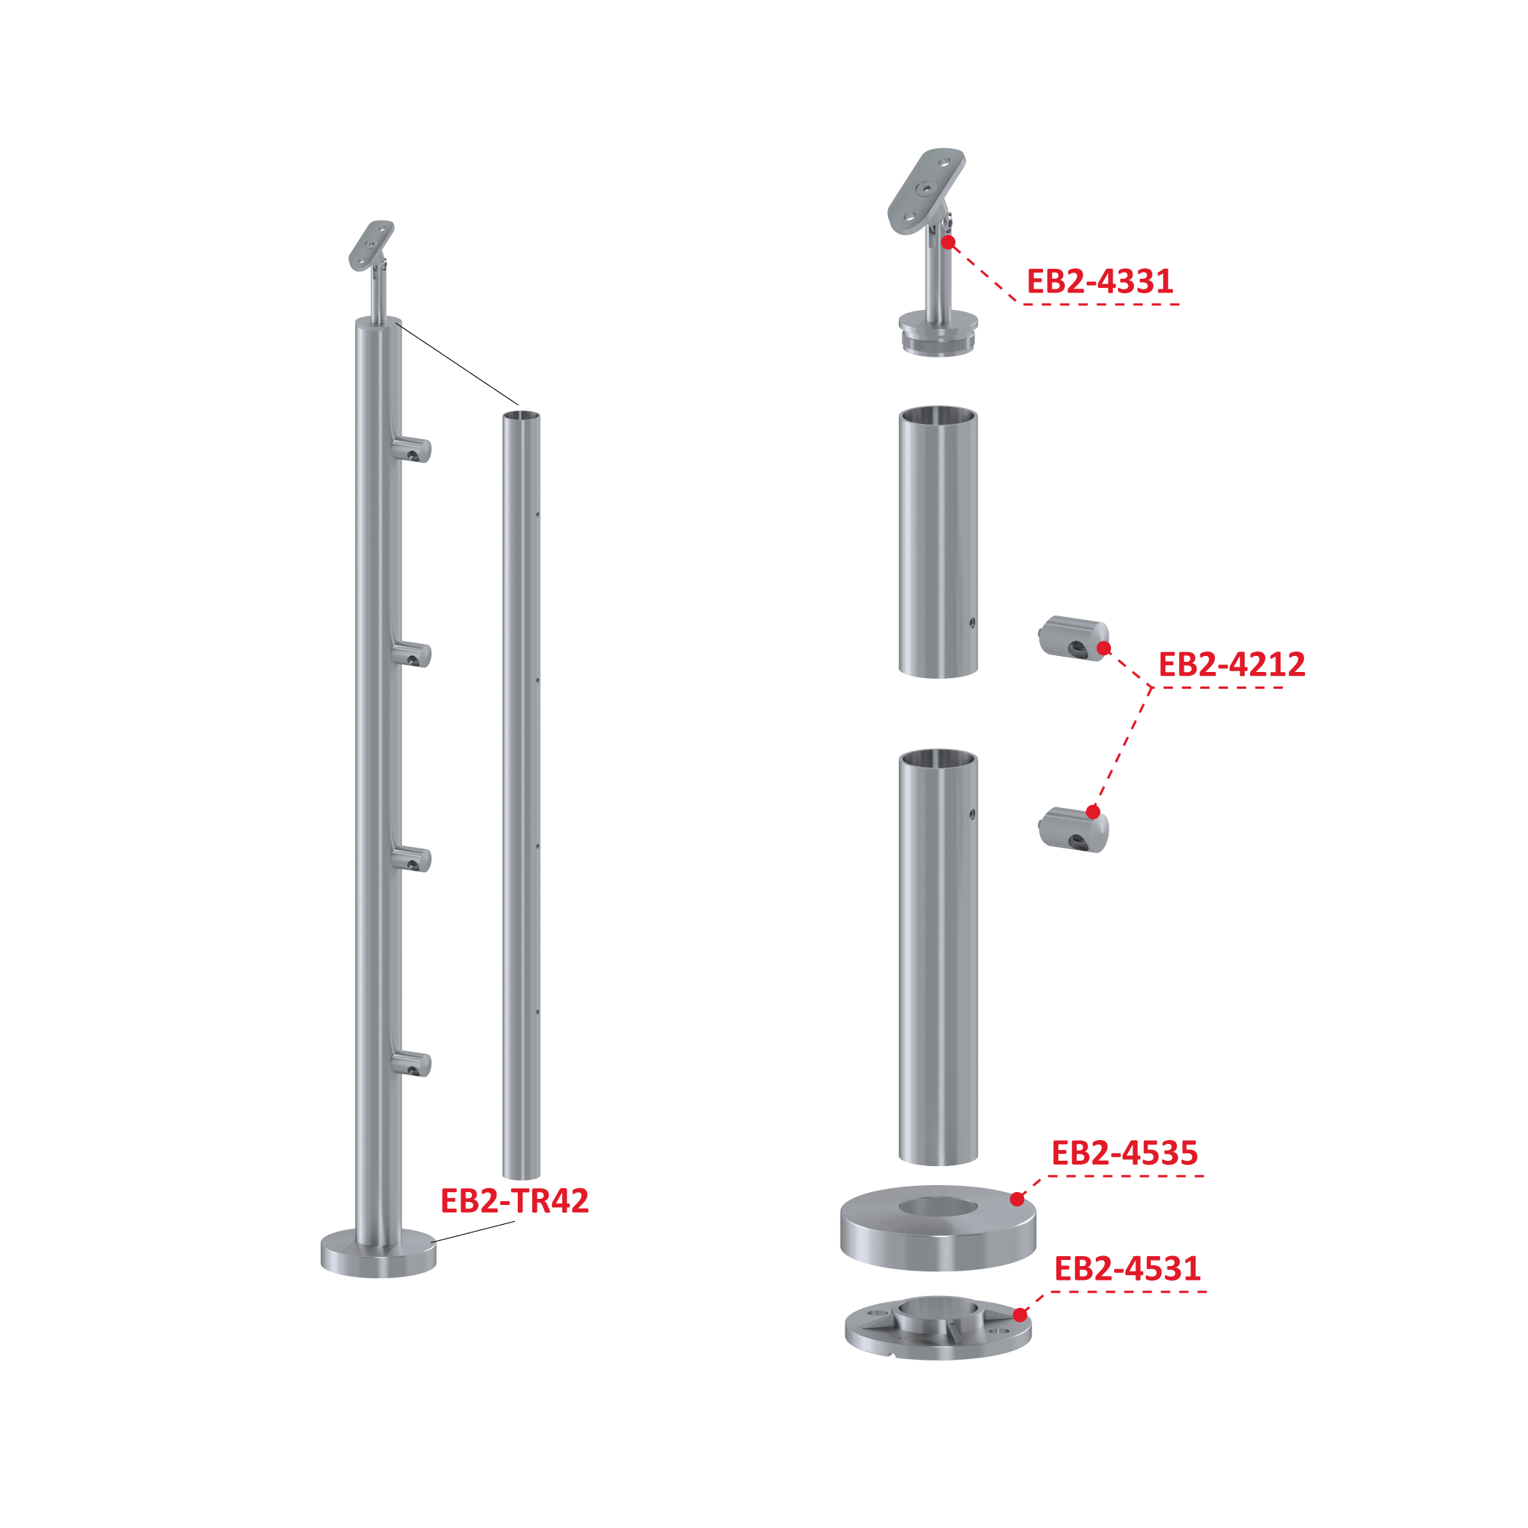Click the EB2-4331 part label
click(x=1100, y=282)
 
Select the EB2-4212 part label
click(x=1232, y=664)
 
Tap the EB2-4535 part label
click(x=1125, y=1153)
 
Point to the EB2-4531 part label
click(x=1127, y=1268)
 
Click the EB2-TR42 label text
click(x=515, y=1200)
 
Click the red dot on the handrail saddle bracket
click(x=948, y=242)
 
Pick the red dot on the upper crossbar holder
click(x=1104, y=648)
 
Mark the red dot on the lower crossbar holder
click(x=1093, y=812)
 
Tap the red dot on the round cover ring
click(x=1017, y=1199)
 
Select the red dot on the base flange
click(x=1020, y=1314)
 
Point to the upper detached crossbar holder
click(x=1073, y=639)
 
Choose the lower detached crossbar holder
click(x=1073, y=829)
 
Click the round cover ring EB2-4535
click(x=938, y=1227)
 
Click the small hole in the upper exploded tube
click(x=972, y=623)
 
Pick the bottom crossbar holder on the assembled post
click(x=411, y=1063)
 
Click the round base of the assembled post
click(x=378, y=1253)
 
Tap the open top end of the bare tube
click(x=522, y=415)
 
